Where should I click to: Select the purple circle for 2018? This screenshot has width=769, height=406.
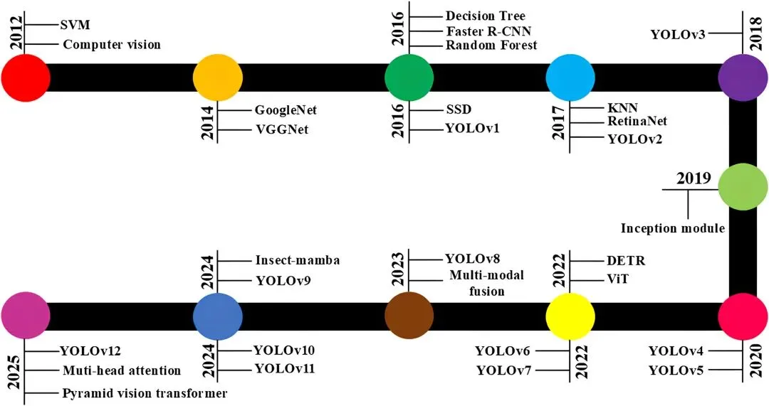point(742,77)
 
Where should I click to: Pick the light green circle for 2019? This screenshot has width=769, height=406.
point(742,186)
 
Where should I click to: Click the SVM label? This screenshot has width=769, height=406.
point(75,25)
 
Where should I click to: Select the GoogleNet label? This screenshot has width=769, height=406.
point(286,110)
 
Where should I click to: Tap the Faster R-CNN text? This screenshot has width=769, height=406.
point(488,31)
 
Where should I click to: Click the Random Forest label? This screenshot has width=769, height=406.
point(491,46)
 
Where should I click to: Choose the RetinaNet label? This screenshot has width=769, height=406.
point(637,122)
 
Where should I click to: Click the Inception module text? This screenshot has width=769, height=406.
point(671,228)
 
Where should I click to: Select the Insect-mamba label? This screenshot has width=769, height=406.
point(297,260)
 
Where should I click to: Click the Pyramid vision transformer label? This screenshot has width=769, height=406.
point(145,393)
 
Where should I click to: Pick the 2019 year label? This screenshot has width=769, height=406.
point(694,178)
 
